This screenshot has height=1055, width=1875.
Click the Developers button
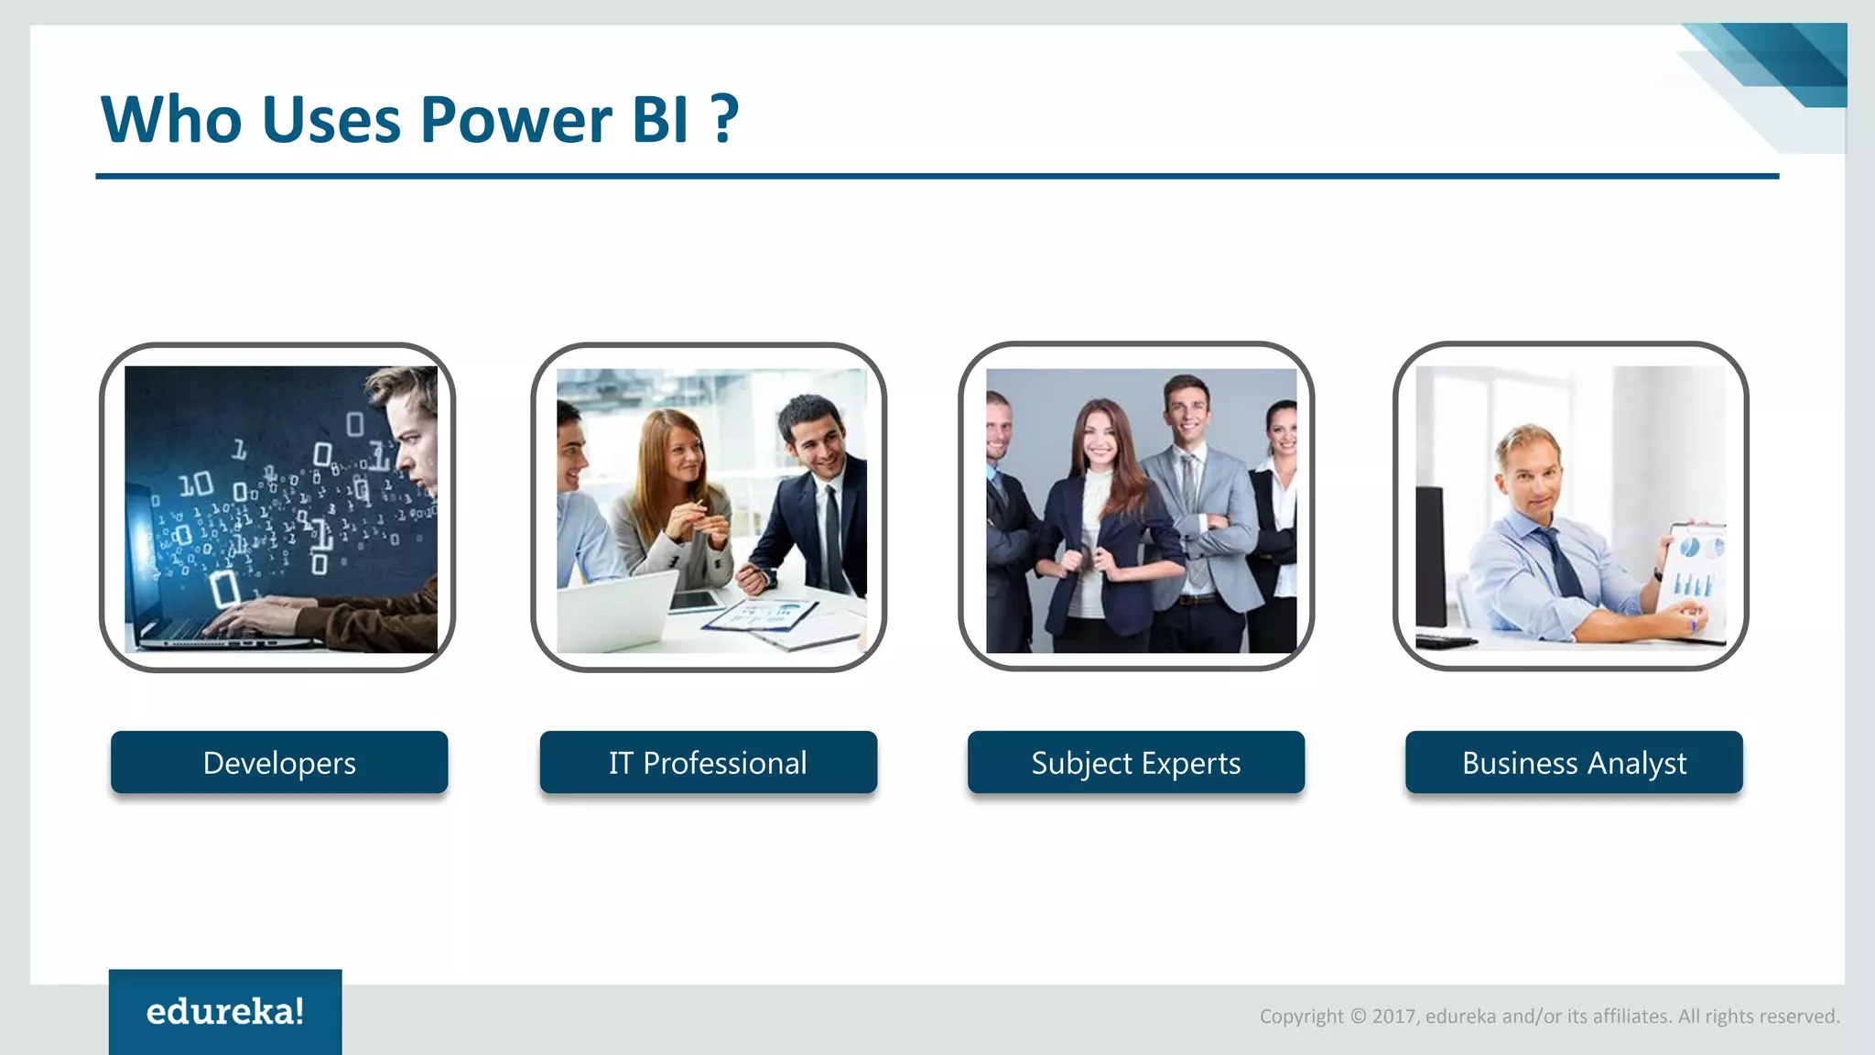point(279,762)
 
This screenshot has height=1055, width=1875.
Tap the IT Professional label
point(708,762)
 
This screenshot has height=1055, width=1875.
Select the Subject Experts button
point(1135,762)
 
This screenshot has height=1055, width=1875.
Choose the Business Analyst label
point(1574,762)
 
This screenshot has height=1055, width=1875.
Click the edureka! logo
point(225,1012)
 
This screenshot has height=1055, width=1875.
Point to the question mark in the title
point(725,119)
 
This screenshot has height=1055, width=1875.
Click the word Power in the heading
point(515,119)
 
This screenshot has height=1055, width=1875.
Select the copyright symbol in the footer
point(1358,1016)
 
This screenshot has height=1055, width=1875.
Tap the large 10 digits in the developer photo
point(195,484)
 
